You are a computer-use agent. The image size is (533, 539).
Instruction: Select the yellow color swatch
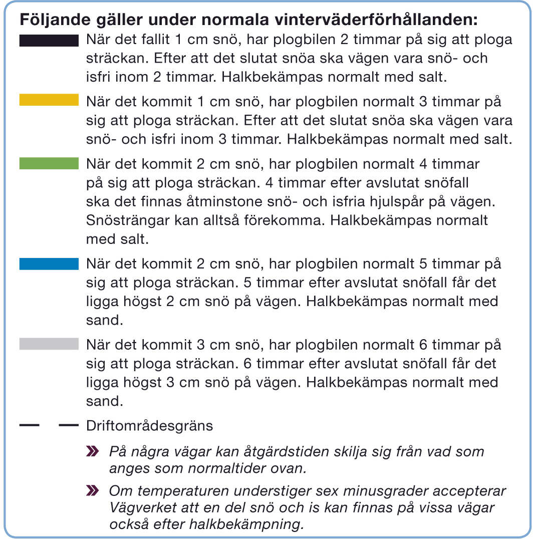tap(49, 100)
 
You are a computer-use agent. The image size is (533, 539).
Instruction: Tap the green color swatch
tap(49, 164)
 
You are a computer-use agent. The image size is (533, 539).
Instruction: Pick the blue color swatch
tap(49, 264)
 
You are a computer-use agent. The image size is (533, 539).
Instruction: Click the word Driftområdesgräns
tap(150, 426)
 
